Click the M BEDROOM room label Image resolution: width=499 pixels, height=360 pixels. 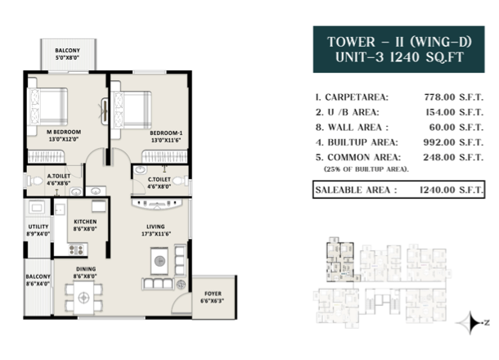[64, 132]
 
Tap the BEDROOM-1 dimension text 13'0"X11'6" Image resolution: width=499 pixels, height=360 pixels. [166, 140]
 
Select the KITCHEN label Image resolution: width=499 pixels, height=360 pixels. [85, 222]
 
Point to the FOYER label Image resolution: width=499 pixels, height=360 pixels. [213, 294]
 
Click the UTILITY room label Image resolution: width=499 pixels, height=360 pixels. [38, 227]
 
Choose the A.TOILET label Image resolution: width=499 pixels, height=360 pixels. [59, 176]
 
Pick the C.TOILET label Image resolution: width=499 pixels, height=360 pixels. [160, 179]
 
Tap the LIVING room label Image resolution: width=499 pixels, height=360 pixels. [155, 227]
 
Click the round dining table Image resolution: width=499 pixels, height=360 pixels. [84, 298]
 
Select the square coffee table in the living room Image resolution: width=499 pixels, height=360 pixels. [160, 261]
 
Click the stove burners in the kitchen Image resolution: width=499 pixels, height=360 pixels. [76, 250]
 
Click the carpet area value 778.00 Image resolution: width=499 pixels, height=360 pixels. [439, 97]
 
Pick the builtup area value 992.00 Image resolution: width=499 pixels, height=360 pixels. [439, 142]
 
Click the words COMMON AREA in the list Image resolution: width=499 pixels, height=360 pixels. [364, 157]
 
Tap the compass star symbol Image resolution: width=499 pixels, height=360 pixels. [471, 322]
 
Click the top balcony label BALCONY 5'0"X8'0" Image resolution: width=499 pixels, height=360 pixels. [67, 54]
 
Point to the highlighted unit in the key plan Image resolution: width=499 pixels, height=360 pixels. [339, 261]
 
